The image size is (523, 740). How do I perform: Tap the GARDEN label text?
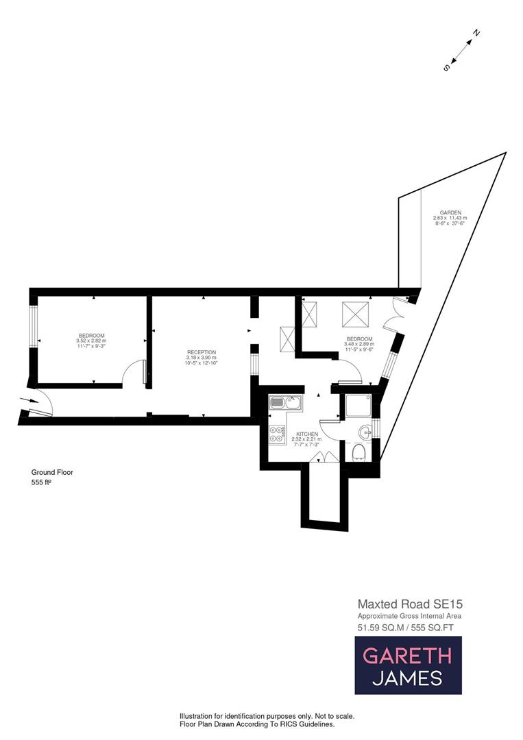[x=450, y=212]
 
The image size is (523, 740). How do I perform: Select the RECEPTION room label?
[x=201, y=352]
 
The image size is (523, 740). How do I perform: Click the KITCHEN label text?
[x=308, y=434]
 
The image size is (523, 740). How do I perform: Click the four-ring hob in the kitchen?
[x=278, y=434]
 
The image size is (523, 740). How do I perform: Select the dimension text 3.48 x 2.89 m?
[x=359, y=344]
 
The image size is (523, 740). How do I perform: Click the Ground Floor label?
[x=52, y=472]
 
